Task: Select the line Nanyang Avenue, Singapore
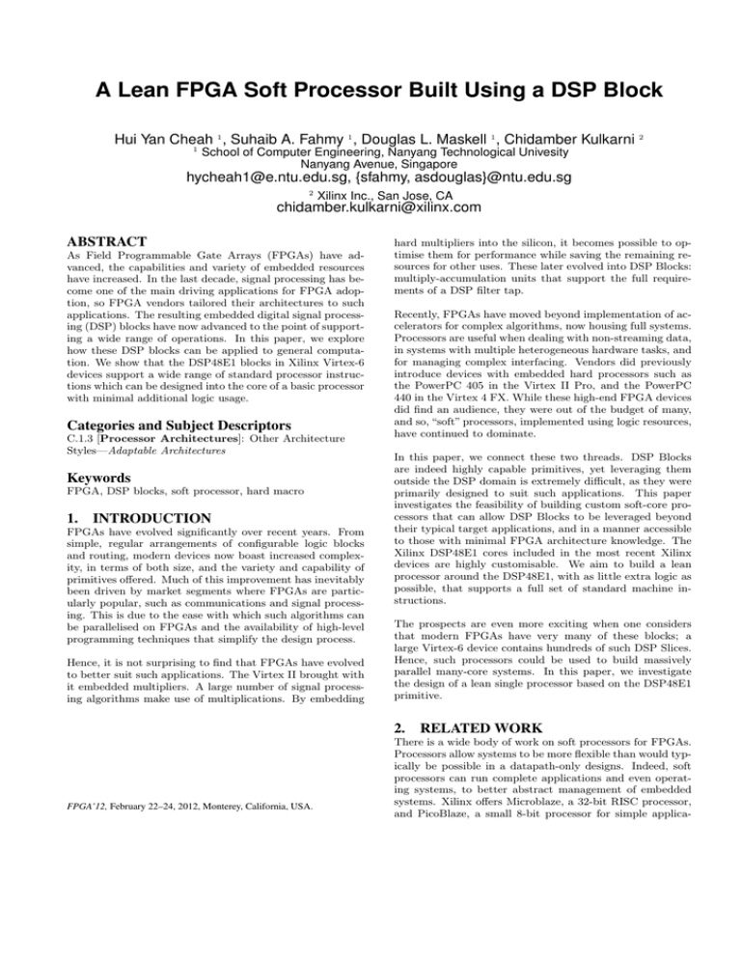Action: coord(370,161)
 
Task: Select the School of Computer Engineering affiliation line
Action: coord(374,147)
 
